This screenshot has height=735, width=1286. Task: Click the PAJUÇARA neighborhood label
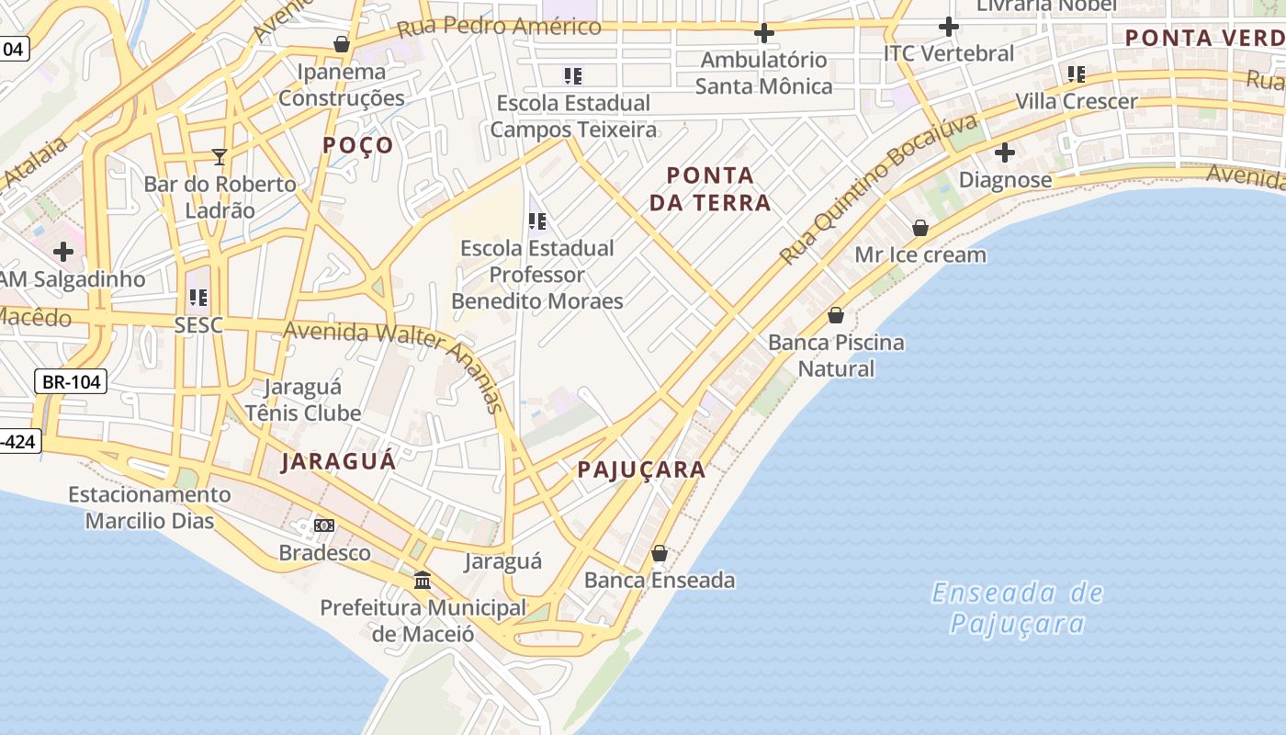(641, 469)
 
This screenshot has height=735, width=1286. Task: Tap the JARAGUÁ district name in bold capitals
(339, 461)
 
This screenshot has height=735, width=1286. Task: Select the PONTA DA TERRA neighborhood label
(710, 188)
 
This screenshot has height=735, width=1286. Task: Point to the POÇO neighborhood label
(358, 145)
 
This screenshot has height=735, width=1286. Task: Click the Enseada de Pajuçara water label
(1017, 608)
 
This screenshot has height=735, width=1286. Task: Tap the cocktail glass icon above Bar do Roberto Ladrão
(219, 157)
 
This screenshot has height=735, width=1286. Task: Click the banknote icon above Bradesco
(324, 526)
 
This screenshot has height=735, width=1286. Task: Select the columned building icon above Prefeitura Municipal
(423, 580)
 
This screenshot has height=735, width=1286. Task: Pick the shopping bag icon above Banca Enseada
(660, 553)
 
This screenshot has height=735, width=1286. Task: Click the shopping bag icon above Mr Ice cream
(920, 228)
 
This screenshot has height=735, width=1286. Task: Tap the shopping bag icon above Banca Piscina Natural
(836, 315)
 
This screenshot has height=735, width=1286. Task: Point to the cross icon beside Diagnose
(1005, 152)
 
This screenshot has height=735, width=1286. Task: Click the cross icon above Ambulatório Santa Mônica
(763, 34)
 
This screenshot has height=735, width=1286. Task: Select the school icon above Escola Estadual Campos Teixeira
(573, 75)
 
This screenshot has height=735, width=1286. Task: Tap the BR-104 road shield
(71, 381)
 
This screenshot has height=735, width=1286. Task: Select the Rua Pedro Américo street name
(499, 26)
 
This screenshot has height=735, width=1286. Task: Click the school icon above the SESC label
(198, 298)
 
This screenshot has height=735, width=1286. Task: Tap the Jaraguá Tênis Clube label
(302, 400)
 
